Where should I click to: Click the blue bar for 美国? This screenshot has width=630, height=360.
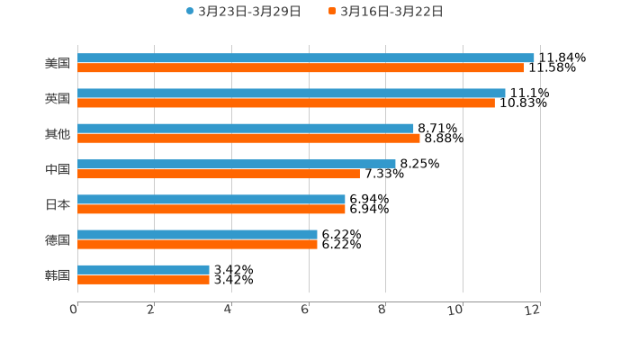point(306,58)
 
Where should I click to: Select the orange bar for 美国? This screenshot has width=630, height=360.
point(301,67)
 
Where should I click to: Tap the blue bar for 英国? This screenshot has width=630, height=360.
point(292,93)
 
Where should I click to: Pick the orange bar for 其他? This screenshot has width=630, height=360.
point(248,138)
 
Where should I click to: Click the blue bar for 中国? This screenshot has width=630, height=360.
point(237,164)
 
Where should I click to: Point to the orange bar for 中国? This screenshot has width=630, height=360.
point(219,174)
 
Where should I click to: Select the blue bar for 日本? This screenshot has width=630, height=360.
point(211,199)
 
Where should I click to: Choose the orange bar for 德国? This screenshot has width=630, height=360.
point(197,244)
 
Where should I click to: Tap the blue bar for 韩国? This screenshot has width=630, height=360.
point(143,270)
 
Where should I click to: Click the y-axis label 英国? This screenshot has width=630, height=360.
point(57,98)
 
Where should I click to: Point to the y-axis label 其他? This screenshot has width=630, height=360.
point(57,133)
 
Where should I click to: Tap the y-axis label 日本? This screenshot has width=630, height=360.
point(57,204)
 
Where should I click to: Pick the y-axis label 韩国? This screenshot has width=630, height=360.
point(57,274)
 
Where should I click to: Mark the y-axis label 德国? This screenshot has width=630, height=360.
point(57,239)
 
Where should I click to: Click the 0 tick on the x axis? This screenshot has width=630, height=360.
point(74,310)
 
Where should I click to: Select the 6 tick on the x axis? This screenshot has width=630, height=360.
point(305,310)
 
